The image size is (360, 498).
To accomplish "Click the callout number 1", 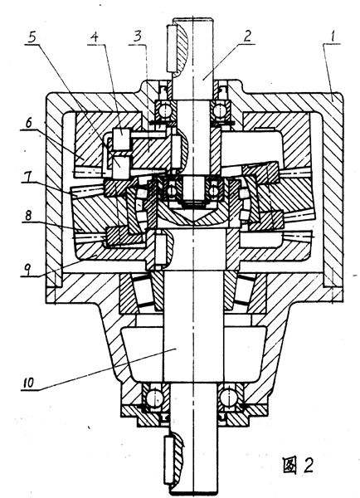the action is pyautogui.click(x=333, y=37).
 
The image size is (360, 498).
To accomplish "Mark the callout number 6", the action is pyautogui.click(x=29, y=123).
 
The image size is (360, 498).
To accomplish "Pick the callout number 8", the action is pyautogui.click(x=28, y=216).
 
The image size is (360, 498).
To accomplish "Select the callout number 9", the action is pyautogui.click(x=27, y=270).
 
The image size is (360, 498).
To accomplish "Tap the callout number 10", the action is pyautogui.click(x=28, y=383).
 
